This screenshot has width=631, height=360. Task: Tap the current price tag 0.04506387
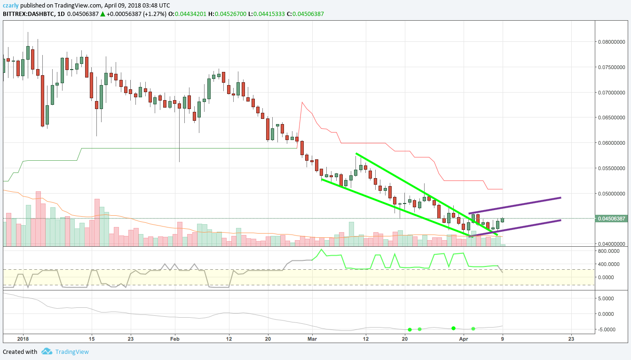[611, 219]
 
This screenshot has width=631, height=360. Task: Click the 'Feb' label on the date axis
[175, 338]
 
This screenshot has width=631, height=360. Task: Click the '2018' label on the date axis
[23, 338]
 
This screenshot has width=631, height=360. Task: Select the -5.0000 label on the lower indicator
[609, 329]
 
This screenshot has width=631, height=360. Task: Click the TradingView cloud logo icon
[47, 352]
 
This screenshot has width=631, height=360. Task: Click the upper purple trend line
[515, 206]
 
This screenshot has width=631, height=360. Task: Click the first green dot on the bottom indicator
[410, 329]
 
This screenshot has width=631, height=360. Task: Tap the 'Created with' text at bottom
[20, 352]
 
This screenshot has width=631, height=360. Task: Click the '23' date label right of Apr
[571, 338]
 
